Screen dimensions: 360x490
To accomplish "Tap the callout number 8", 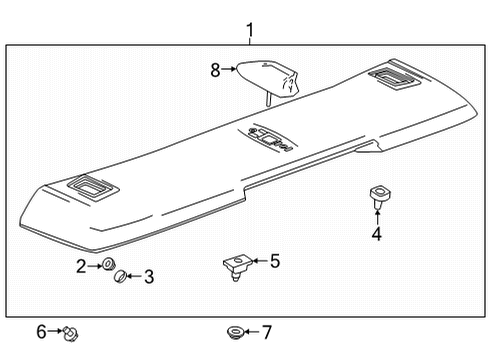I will (214, 70).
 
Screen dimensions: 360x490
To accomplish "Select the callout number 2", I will (81, 265).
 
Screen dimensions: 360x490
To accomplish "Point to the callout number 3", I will (148, 277).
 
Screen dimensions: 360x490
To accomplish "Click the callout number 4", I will (377, 235).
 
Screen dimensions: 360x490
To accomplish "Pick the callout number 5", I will (275, 262).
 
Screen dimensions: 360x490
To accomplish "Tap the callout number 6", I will (41, 331).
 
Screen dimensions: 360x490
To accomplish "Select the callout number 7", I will (266, 331).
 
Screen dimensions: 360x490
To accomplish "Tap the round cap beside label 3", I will (119, 277).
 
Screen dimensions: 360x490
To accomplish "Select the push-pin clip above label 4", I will (378, 195).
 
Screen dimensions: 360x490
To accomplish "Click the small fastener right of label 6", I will (71, 331).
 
